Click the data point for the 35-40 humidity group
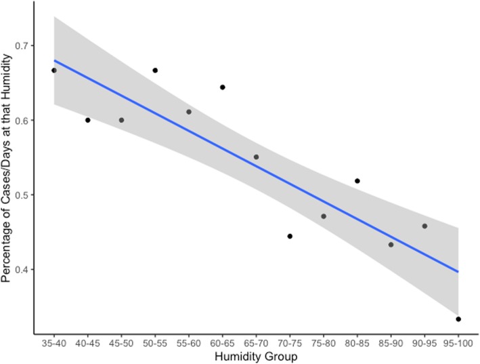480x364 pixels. [54, 70]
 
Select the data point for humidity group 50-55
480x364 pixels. [155, 70]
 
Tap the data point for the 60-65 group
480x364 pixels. [222, 87]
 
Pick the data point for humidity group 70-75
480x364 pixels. [290, 236]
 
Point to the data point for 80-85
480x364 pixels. [357, 181]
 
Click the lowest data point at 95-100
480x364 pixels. [458, 319]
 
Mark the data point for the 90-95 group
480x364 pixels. [424, 226]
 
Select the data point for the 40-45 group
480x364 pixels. [88, 120]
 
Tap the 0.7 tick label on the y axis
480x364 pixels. [20, 46]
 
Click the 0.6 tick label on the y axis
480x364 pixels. [20, 121]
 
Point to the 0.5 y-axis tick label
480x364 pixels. [20, 195]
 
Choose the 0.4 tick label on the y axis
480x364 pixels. [20, 270]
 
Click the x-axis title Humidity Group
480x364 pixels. [256, 355]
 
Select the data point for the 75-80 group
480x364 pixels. [324, 216]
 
